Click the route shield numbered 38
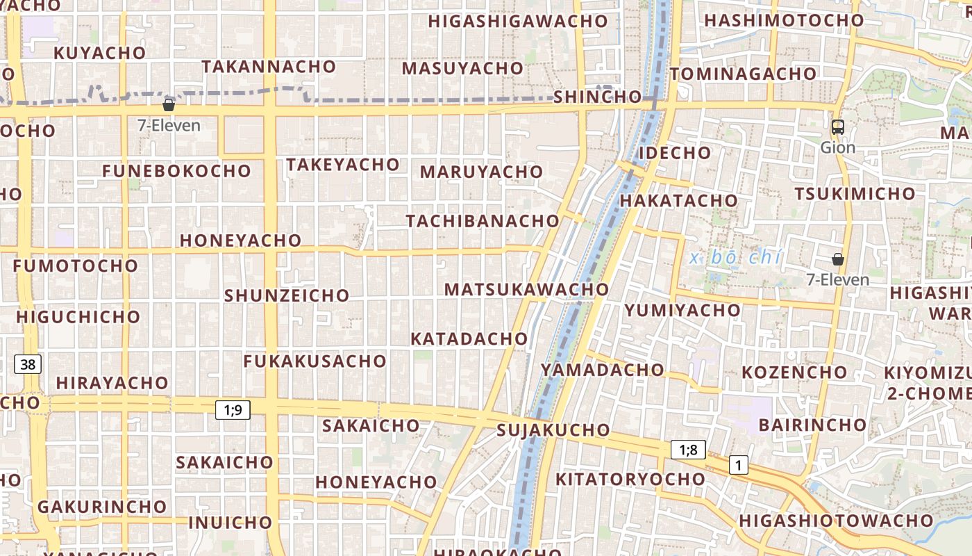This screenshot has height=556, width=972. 28,363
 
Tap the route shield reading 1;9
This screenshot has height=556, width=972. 233,410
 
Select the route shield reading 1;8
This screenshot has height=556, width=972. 688,450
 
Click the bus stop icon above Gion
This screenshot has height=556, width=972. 838,127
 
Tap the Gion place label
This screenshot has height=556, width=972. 838,147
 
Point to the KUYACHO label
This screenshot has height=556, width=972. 100,53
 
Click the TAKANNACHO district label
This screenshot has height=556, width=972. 269,67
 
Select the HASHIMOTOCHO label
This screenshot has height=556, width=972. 784,20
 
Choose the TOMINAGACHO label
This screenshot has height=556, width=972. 743,74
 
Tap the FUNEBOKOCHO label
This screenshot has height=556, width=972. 176,171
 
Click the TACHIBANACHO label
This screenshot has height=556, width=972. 483,221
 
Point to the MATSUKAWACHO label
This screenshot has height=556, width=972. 526,289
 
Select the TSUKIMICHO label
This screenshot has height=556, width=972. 855,193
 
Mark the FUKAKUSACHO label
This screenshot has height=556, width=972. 315,361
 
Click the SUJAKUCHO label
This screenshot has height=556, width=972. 553,430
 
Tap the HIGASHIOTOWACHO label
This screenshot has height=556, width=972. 836,520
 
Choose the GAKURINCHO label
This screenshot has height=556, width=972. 102,507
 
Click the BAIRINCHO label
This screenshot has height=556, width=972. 812,425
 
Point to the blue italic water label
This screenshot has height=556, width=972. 736,258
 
